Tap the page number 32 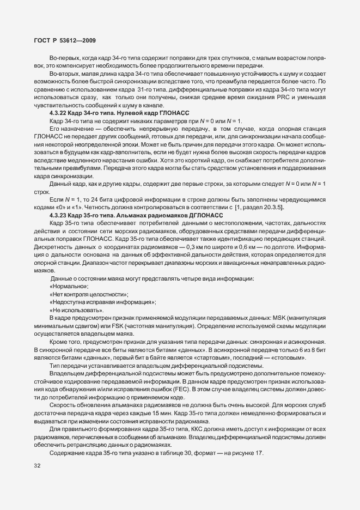[38, 466]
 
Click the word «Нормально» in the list [69, 286]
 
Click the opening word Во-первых [64, 58]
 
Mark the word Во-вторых [64, 74]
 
